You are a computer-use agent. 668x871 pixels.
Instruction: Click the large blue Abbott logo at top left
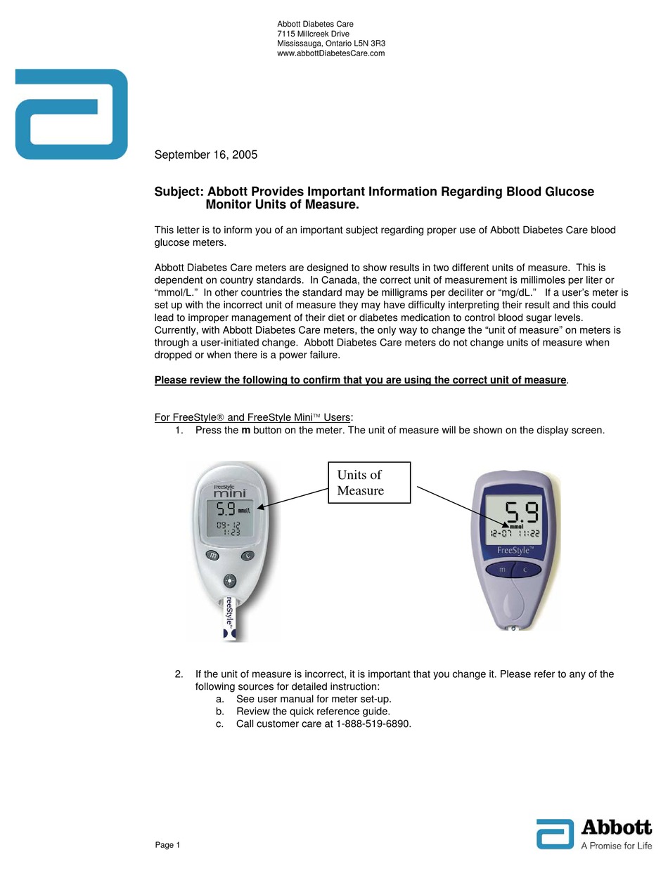(x=71, y=114)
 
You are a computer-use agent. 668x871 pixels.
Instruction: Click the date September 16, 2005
(x=206, y=155)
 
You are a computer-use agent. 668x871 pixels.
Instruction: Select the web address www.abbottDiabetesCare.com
(x=331, y=53)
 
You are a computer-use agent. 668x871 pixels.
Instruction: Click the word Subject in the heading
(x=179, y=192)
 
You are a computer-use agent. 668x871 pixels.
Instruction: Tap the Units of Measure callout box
(x=369, y=483)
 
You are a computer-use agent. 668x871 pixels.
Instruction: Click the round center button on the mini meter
(x=229, y=580)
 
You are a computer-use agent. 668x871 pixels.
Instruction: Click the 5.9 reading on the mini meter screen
(x=225, y=509)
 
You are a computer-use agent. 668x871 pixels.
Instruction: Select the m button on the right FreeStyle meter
(x=502, y=570)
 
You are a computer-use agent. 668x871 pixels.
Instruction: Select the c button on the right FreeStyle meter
(x=525, y=570)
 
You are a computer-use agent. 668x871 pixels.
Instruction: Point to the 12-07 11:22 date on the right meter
(x=514, y=533)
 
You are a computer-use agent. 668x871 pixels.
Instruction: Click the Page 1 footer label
(x=167, y=845)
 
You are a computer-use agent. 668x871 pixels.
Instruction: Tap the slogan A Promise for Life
(x=616, y=846)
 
